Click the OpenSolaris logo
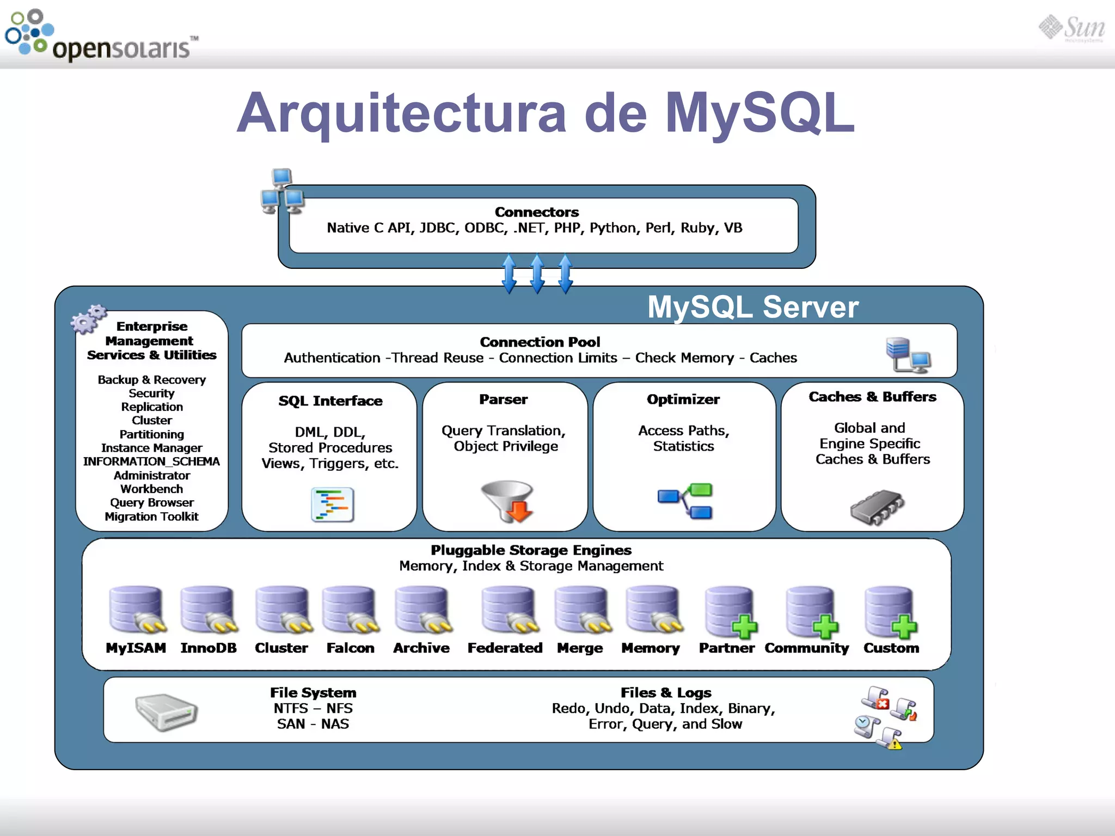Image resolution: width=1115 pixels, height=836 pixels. pyautogui.click(x=101, y=36)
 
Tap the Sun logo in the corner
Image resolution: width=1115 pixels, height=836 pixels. pyautogui.click(x=1072, y=28)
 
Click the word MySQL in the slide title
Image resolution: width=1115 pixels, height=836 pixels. pyautogui.click(x=759, y=113)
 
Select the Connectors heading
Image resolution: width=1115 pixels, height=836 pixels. pyautogui.click(x=536, y=212)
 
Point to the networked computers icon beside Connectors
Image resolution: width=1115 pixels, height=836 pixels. pyautogui.click(x=282, y=192)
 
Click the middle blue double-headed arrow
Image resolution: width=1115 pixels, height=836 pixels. pyautogui.click(x=537, y=274)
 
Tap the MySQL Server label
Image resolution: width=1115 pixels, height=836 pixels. pyautogui.click(x=752, y=307)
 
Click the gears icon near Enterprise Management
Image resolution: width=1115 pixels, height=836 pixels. pyautogui.click(x=88, y=318)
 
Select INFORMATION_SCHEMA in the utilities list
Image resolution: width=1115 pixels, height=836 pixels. pyautogui.click(x=151, y=462)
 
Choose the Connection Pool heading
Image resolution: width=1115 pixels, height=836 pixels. pyautogui.click(x=540, y=342)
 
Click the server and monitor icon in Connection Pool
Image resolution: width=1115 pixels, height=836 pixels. pyautogui.click(x=908, y=355)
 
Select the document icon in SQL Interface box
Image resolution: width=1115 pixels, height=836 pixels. pyautogui.click(x=333, y=505)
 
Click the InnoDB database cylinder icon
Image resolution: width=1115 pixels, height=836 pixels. pyautogui.click(x=208, y=610)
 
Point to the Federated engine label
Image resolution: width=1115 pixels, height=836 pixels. pyautogui.click(x=505, y=648)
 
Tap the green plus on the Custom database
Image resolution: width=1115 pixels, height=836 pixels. pyautogui.click(x=904, y=627)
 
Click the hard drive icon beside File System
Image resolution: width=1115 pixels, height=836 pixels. pyautogui.click(x=166, y=711)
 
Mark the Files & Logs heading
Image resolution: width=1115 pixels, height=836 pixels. pyautogui.click(x=665, y=692)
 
